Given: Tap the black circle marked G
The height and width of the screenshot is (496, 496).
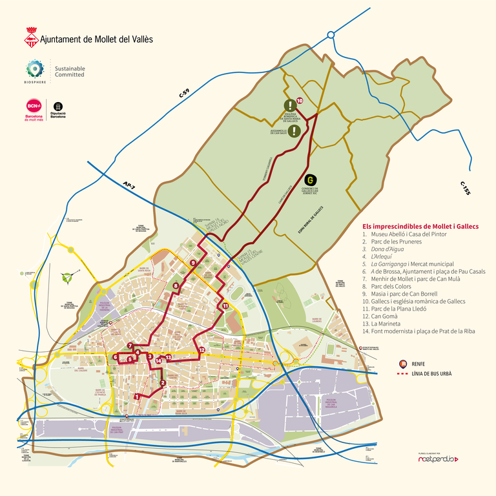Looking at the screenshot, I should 309,180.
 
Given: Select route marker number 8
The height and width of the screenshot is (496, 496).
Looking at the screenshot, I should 176,285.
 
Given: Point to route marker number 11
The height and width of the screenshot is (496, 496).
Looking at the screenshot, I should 225,305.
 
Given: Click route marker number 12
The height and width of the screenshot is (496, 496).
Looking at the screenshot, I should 201,350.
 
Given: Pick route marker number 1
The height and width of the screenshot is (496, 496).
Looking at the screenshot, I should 137,396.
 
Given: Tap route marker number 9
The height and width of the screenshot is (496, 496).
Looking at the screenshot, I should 193,263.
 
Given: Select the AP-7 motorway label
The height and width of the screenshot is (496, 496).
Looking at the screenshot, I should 129,186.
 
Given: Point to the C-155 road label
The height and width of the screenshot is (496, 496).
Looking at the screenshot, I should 464,188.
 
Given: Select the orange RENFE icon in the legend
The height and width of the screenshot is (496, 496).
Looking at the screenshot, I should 404,364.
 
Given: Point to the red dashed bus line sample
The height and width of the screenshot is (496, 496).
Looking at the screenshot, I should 404,373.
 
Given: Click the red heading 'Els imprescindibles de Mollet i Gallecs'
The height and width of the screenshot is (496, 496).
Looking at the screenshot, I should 420,226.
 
